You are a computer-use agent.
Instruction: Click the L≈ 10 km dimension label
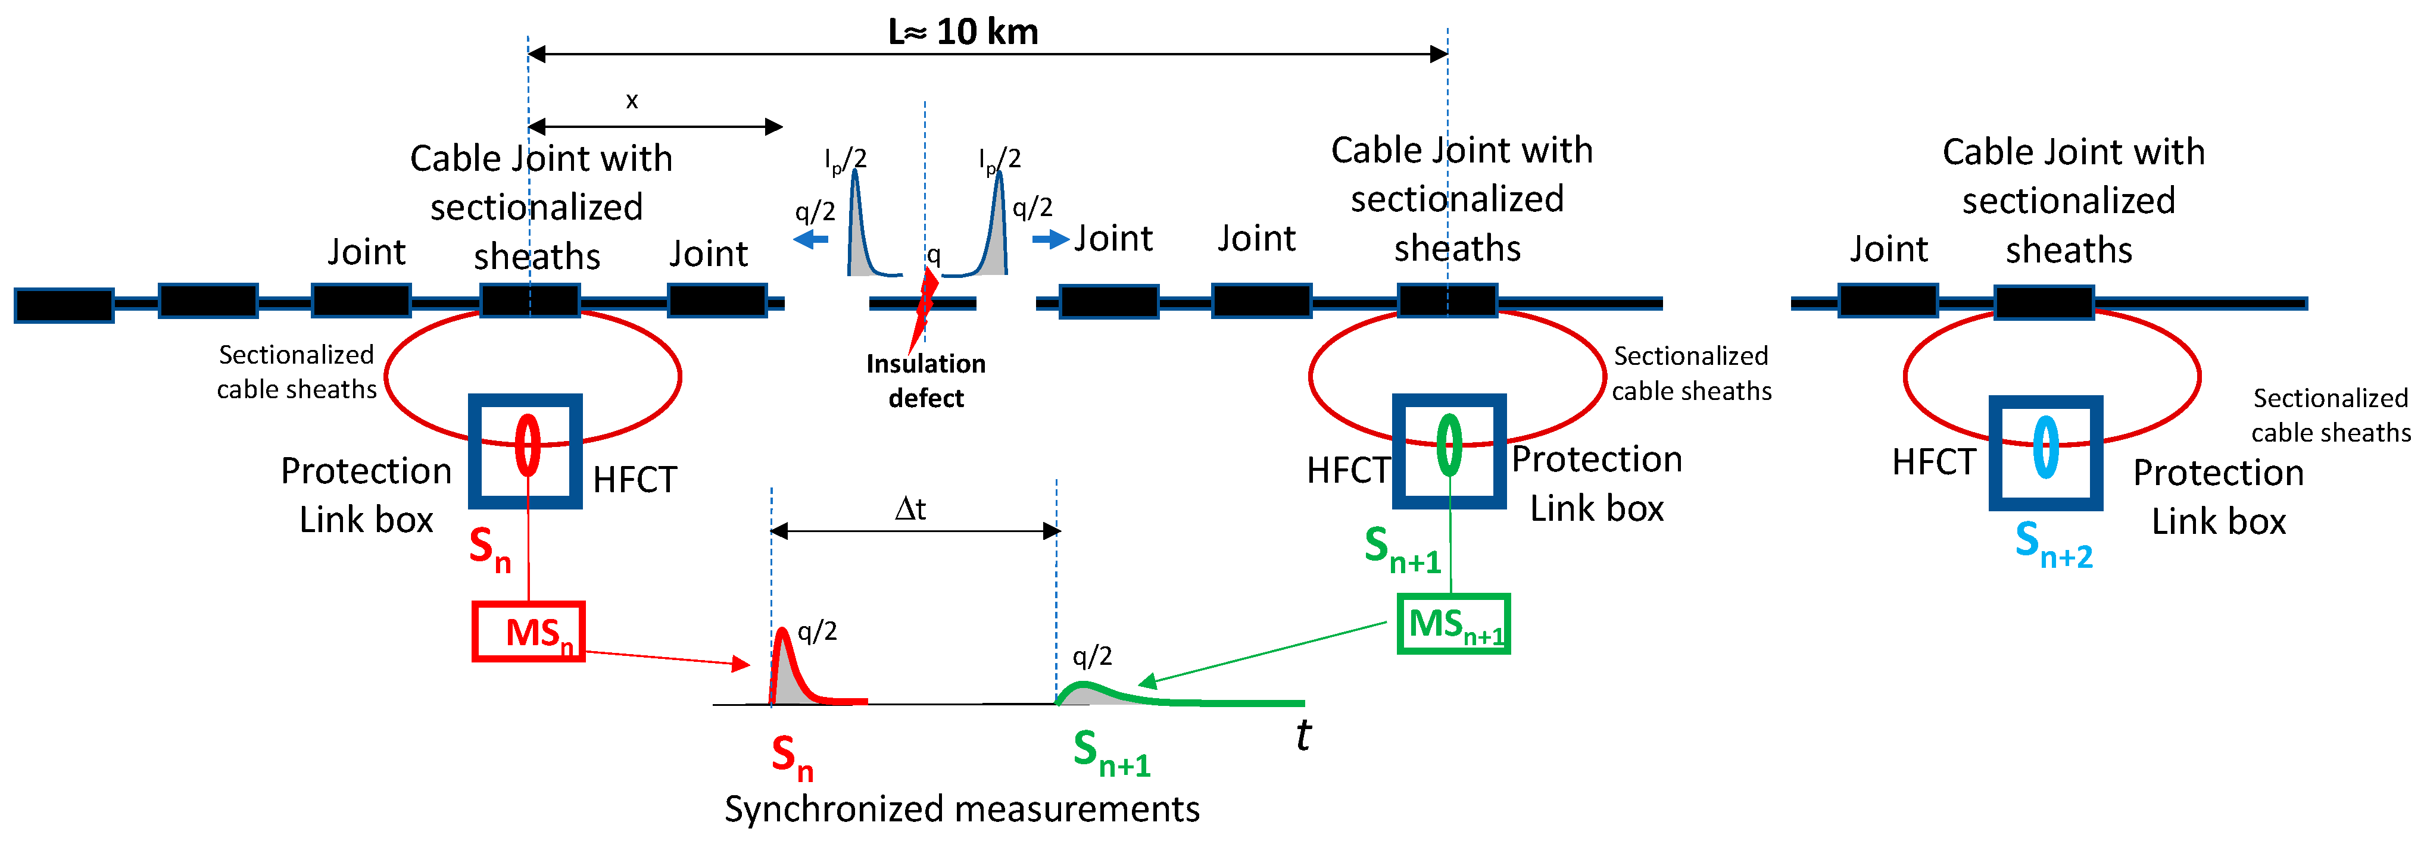963,32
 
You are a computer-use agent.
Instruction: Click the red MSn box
528,631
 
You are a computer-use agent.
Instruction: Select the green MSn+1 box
1453,624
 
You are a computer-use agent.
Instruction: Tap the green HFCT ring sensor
1449,445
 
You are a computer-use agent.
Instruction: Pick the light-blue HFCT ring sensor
2046,447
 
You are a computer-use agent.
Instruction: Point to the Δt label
910,509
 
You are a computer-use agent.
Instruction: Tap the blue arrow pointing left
811,240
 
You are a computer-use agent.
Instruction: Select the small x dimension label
631,101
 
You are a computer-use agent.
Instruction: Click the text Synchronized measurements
962,809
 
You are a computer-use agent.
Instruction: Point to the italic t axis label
1302,734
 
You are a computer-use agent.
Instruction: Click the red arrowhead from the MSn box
741,664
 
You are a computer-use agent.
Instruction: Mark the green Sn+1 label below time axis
1111,754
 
